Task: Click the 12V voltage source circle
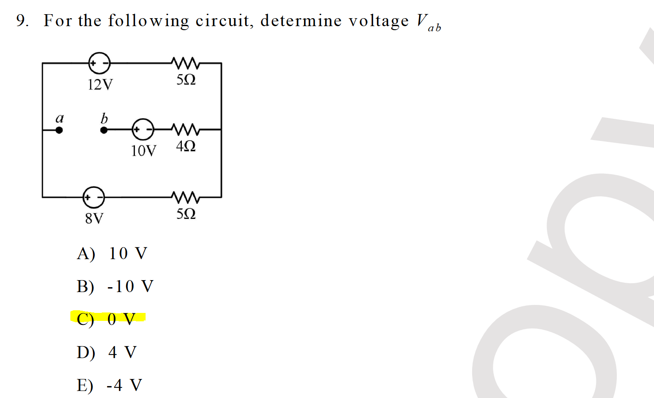[x=100, y=63]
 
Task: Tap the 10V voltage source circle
[x=143, y=129]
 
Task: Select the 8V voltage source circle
[x=94, y=197]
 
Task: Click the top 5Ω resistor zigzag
[x=186, y=63]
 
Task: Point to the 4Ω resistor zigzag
[x=186, y=129]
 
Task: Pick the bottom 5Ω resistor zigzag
[x=186, y=197]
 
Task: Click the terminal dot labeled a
[x=59, y=130]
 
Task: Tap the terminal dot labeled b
[x=104, y=130]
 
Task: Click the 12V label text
[x=100, y=84]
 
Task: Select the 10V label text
[x=143, y=151]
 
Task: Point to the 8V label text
[x=94, y=218]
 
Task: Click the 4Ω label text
[x=186, y=146]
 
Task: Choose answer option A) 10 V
[x=112, y=254]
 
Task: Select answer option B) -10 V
[x=115, y=286]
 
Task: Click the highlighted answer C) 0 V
[x=106, y=319]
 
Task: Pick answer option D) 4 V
[x=107, y=352]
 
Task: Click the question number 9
[x=22, y=20]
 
